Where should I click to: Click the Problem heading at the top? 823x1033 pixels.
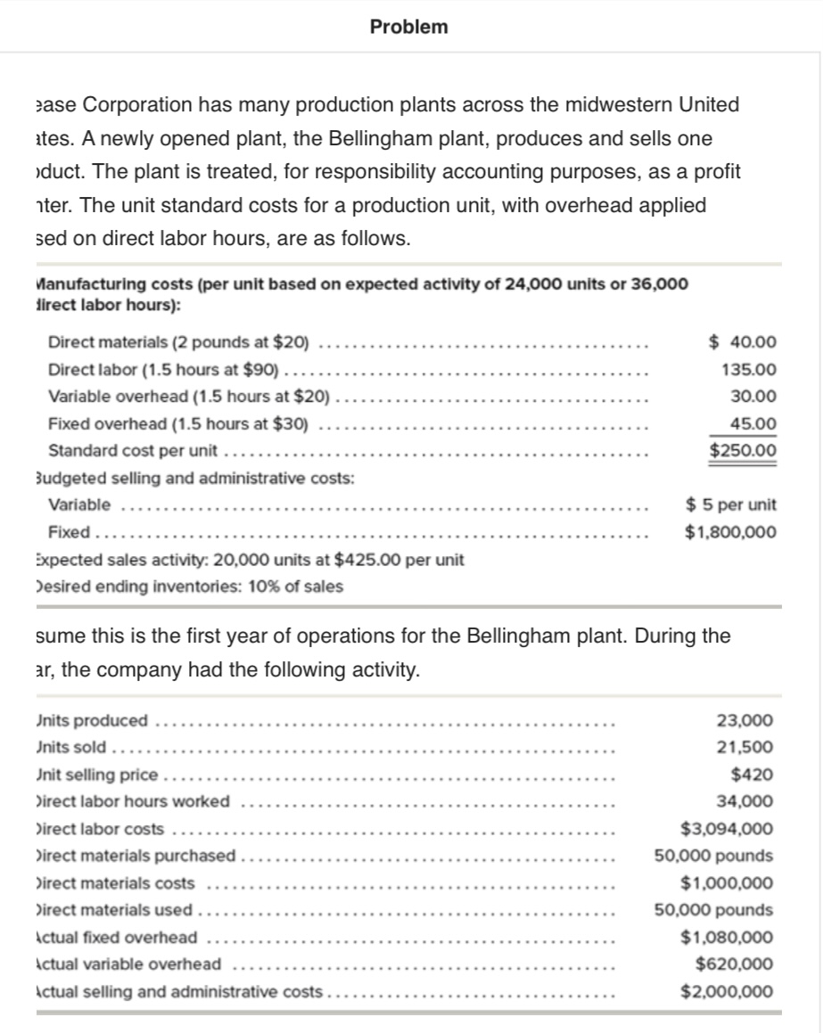[409, 27]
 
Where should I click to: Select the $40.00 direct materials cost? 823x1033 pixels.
[743, 342]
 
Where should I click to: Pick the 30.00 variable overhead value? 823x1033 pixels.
[753, 397]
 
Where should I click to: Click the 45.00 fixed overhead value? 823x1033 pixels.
[753, 423]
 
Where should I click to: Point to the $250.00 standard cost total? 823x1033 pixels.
[743, 450]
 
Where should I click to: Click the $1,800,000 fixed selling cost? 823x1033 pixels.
[730, 533]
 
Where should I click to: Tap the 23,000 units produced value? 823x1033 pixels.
[745, 720]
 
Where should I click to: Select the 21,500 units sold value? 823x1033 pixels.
[745, 747]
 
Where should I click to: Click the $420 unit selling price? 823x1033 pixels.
[752, 775]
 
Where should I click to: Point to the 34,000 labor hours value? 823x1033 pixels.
[745, 801]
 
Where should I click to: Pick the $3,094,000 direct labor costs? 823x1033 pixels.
[727, 829]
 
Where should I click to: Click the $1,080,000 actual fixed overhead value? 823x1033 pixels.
[727, 937]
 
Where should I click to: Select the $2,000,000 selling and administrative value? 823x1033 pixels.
[727, 991]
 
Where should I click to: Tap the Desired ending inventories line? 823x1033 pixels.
[188, 586]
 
